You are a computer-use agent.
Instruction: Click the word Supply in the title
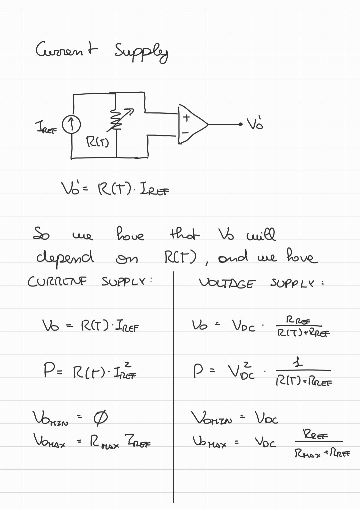tap(141, 53)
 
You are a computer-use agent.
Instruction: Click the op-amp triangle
tap(192, 124)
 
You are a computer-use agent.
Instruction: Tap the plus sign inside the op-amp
tap(187, 117)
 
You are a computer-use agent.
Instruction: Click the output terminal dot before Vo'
tap(240, 124)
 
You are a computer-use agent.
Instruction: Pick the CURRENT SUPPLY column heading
tap(90, 282)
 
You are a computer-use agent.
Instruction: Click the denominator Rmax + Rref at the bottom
tap(322, 453)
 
